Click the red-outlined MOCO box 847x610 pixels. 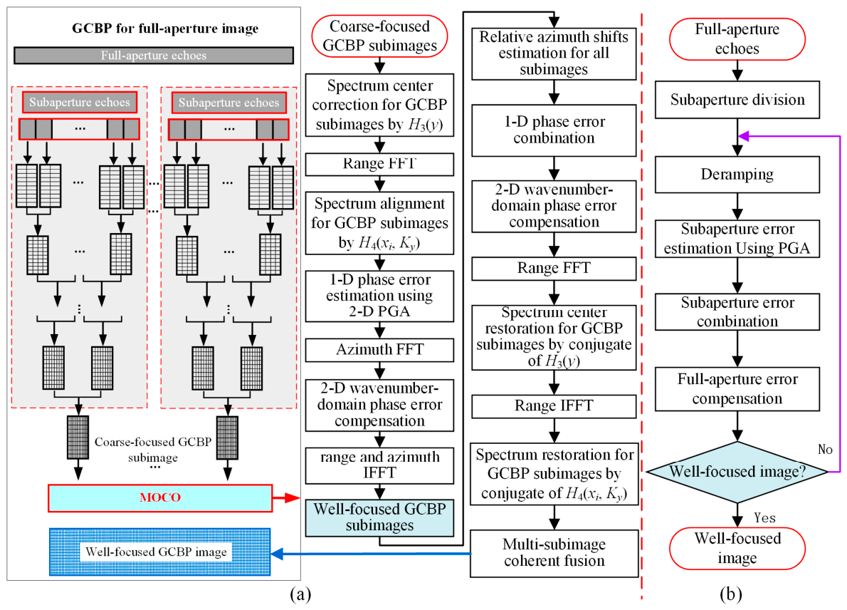(160, 497)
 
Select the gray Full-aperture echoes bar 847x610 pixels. (154, 55)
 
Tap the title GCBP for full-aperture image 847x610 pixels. (165, 28)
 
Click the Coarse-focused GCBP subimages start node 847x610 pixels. (380, 36)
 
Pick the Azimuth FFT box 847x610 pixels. (380, 350)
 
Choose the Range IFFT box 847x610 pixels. (554, 406)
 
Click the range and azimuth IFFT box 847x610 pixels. (380, 465)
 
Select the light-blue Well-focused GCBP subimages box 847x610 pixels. (380, 517)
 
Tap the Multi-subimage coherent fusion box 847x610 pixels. (554, 553)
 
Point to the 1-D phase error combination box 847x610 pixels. (554, 130)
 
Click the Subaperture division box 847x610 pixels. (737, 100)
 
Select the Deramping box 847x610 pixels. (737, 174)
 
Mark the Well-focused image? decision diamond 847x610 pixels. (737, 472)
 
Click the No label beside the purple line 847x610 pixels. (825, 450)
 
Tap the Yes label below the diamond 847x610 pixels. (764, 518)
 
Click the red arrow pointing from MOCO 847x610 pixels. (286, 497)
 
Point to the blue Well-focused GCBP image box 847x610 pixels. (159, 552)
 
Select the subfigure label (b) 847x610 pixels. (730, 594)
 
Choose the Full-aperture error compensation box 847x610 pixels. (737, 389)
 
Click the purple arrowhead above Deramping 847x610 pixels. (744, 136)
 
